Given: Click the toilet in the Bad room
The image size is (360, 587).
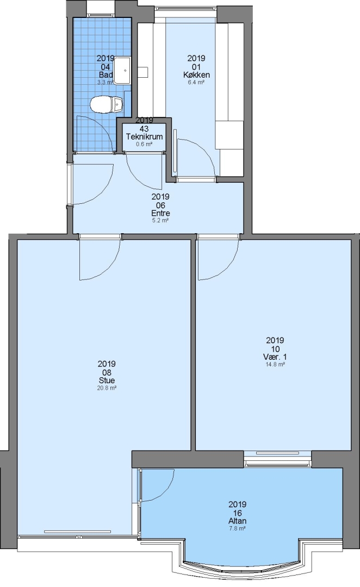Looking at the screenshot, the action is tap(107, 104).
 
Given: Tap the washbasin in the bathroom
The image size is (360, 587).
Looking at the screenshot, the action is tap(122, 70).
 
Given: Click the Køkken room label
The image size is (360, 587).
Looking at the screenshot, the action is tap(196, 75).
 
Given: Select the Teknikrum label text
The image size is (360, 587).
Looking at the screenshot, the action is tap(145, 136).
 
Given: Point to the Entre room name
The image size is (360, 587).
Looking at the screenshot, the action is tap(160, 214).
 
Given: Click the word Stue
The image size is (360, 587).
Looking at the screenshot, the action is tap(107, 380).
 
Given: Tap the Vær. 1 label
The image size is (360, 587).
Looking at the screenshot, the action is tap(275, 357).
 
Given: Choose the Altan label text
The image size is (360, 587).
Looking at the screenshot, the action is tap(238, 521).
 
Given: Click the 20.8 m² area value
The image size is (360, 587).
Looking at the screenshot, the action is tap(107, 388).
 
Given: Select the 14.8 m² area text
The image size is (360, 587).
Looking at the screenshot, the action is tap(275, 364).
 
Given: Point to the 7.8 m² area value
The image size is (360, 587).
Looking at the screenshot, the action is tap(238, 529).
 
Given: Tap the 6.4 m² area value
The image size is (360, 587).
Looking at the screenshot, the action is tap(196, 82).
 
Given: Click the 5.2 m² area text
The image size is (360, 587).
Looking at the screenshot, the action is tap(160, 221).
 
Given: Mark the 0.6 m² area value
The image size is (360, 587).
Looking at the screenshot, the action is tap(144, 144).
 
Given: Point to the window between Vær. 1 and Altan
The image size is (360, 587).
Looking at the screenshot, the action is tap(277, 459).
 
